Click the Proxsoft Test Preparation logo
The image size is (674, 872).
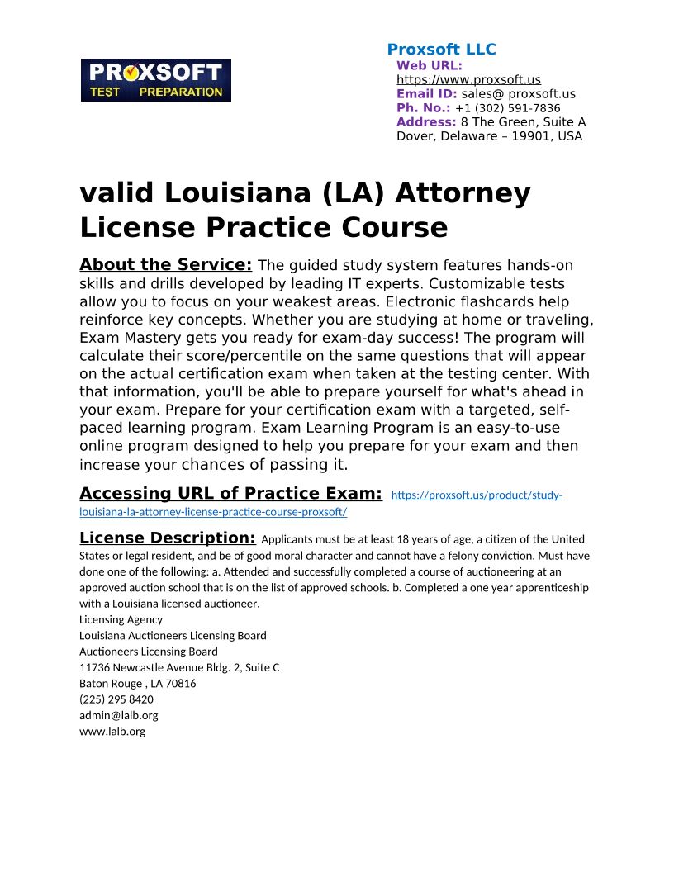pyautogui.click(x=155, y=80)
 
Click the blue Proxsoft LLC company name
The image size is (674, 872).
pyautogui.click(x=441, y=50)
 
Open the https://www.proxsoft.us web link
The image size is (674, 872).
pyautogui.click(x=468, y=80)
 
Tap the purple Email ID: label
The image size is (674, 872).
pyautogui.click(x=426, y=94)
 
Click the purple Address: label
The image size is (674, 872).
pyautogui.click(x=426, y=122)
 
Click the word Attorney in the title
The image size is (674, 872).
pyautogui.click(x=463, y=193)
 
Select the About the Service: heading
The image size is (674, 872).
pyautogui.click(x=165, y=265)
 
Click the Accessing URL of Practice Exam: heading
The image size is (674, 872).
pyautogui.click(x=230, y=494)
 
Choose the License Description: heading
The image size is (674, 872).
pyautogui.click(x=167, y=538)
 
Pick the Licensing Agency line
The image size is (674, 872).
pyautogui.click(x=121, y=619)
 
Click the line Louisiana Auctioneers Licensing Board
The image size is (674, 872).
pyautogui.click(x=173, y=635)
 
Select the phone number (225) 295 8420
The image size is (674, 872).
pyautogui.click(x=116, y=699)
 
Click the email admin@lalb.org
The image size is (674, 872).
pyautogui.click(x=118, y=715)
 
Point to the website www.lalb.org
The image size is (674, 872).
pyautogui.click(x=112, y=731)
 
